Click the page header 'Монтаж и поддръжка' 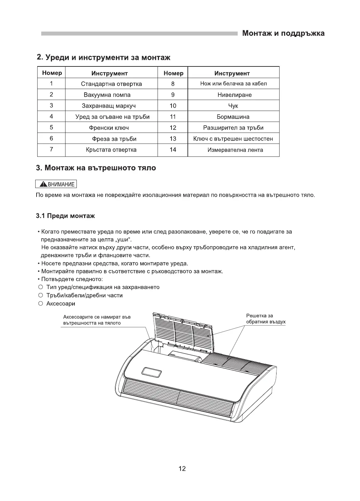283,33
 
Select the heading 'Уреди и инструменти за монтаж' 103,57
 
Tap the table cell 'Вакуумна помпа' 107,95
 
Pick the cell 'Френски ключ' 109,128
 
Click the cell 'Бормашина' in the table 233,117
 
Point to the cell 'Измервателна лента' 235,150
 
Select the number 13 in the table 173,139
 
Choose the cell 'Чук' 233,106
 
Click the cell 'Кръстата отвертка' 111,150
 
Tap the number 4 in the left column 51,117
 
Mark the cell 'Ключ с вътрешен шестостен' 233,139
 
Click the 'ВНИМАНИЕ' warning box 56,184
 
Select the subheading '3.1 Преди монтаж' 65,216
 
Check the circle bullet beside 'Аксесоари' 41,304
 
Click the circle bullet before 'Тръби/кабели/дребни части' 41,295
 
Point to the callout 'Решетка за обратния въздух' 266,319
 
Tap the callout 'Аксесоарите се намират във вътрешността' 97,320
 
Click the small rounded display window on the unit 151,372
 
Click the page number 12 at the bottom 182,469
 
